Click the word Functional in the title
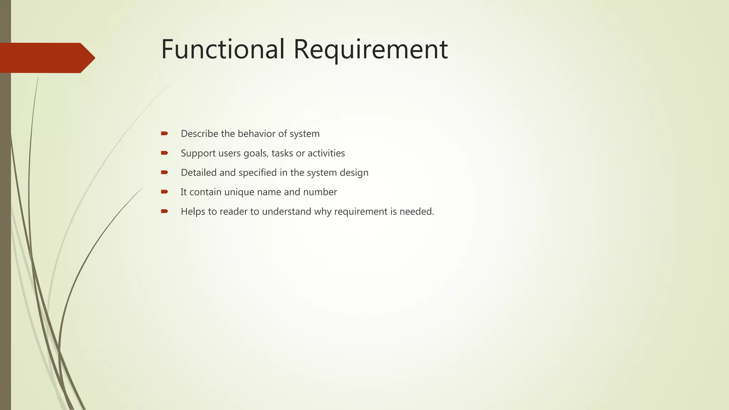point(223,49)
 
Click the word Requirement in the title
point(370,50)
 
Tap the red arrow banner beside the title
point(46,58)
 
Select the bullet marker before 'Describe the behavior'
point(164,133)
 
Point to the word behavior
point(256,134)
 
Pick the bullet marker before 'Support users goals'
point(164,153)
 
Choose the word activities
point(326,153)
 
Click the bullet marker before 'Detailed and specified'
point(164,172)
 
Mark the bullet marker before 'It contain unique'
point(164,192)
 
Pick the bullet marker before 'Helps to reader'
point(164,211)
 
